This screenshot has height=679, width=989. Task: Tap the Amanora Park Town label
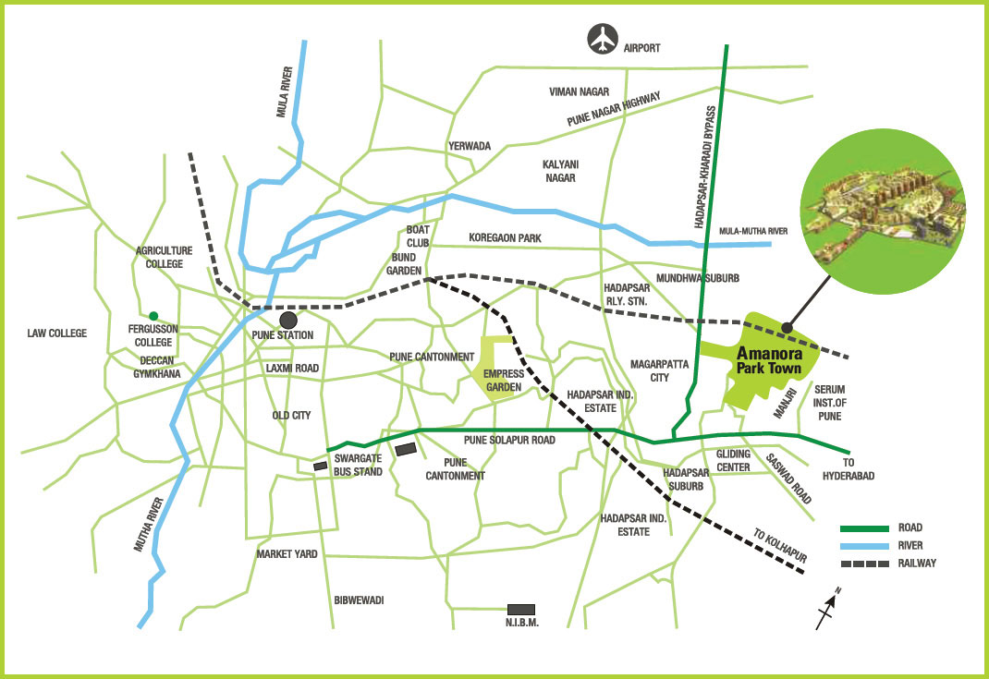(x=773, y=359)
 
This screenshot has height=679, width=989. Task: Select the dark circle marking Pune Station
(x=288, y=320)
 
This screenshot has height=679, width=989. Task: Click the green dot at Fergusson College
(x=153, y=315)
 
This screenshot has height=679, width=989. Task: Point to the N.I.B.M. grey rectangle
(x=521, y=609)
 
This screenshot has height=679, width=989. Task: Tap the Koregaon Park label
(x=505, y=238)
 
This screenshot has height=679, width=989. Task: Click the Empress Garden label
(x=504, y=381)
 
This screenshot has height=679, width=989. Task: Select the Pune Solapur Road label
(x=509, y=441)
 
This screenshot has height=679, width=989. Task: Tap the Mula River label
(x=284, y=91)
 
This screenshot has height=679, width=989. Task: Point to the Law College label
(x=56, y=333)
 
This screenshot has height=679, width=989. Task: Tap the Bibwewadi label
(x=359, y=600)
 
